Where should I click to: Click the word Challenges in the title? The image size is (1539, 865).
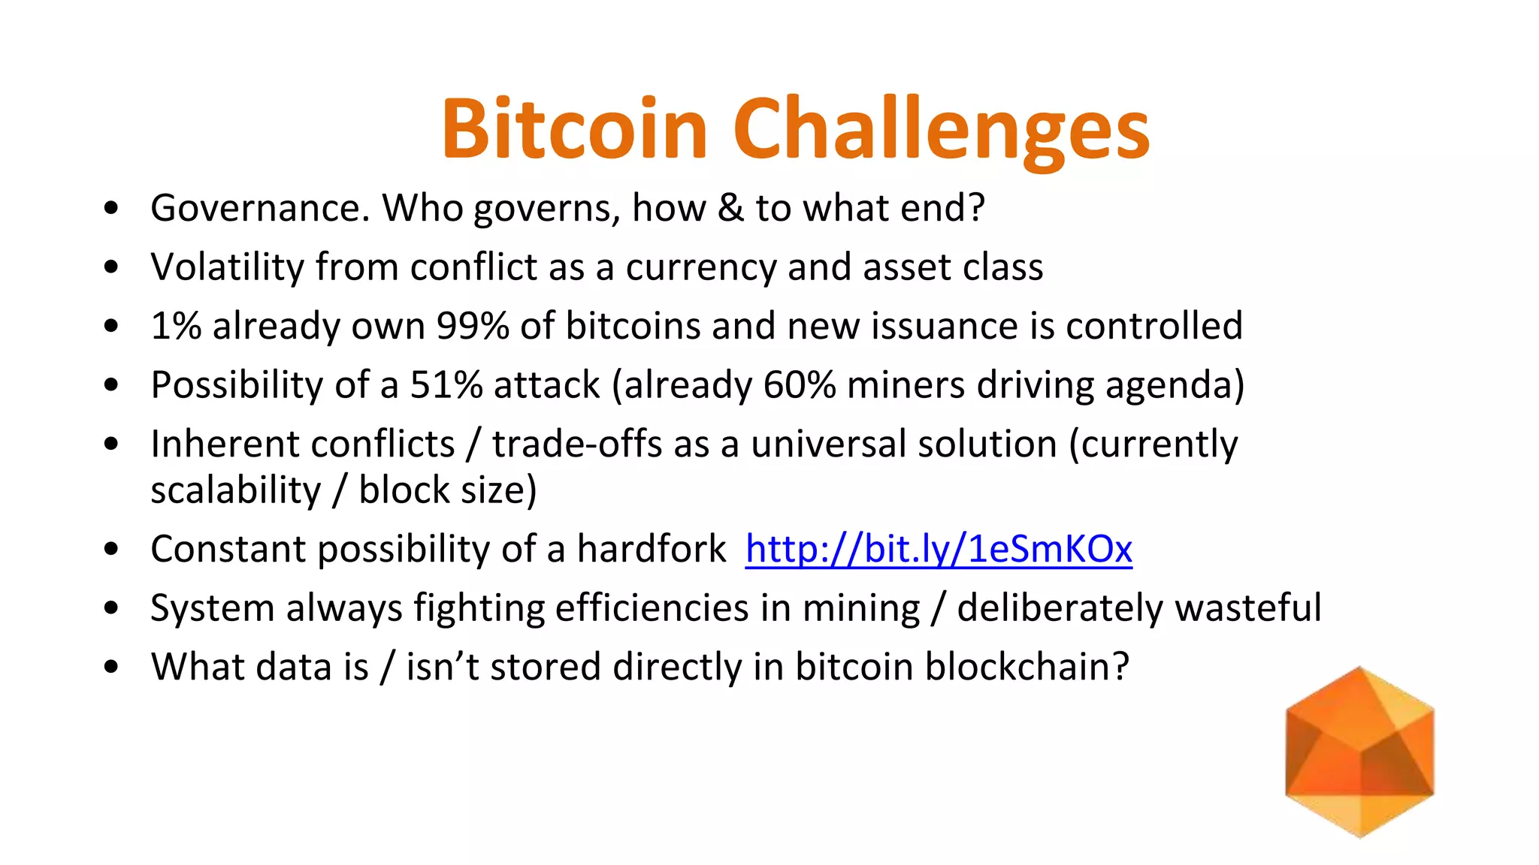[x=941, y=129]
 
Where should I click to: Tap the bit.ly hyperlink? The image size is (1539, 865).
[x=938, y=549]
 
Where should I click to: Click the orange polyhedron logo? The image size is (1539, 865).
[x=1359, y=752]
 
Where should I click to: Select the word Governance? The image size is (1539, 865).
[x=260, y=208]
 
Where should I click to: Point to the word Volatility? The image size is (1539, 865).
[x=227, y=267]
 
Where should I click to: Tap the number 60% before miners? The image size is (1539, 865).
[x=799, y=384]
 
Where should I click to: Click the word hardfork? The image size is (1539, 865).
[x=651, y=549]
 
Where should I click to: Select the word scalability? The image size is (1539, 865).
[x=235, y=490]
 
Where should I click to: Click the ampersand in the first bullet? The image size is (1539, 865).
[x=730, y=208]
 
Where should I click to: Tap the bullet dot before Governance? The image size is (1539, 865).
[x=112, y=209]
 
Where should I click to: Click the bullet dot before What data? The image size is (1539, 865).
[x=112, y=668]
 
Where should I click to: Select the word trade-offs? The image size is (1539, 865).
[x=577, y=444]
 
